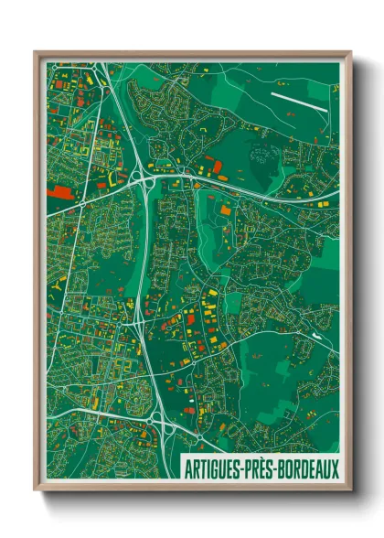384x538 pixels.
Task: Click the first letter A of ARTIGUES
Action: [188, 467]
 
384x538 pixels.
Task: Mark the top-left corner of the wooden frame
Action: [35, 52]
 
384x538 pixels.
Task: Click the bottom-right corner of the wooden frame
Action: [351, 491]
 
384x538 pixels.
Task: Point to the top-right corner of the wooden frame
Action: [351, 52]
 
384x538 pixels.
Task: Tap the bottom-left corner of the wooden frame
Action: [35, 491]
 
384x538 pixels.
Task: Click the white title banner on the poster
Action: [261, 467]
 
